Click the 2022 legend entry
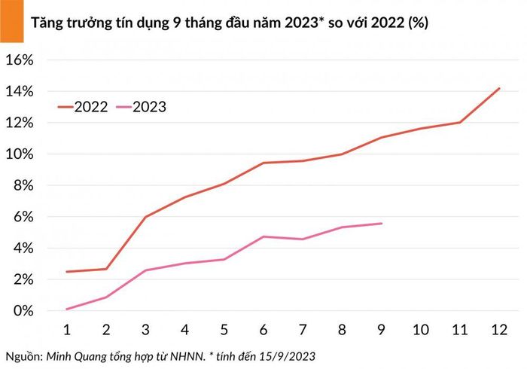click(x=83, y=107)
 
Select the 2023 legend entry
click(x=141, y=107)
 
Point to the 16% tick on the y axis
click(x=20, y=60)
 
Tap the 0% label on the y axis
click(x=23, y=310)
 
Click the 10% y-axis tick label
click(x=20, y=154)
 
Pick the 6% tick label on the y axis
click(x=23, y=217)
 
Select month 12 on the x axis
click(x=499, y=330)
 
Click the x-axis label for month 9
click(x=381, y=330)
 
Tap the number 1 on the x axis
click(x=67, y=330)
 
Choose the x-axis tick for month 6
click(x=263, y=330)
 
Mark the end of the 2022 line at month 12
click(x=499, y=88)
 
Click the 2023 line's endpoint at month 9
click(x=382, y=223)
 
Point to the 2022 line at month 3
click(x=145, y=217)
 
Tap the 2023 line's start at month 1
click(x=67, y=310)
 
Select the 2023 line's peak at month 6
click(x=263, y=236)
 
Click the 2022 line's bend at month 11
click(x=460, y=122)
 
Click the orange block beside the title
click(x=12, y=21)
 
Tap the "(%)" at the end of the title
click(x=418, y=23)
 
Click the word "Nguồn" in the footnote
click(x=23, y=356)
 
